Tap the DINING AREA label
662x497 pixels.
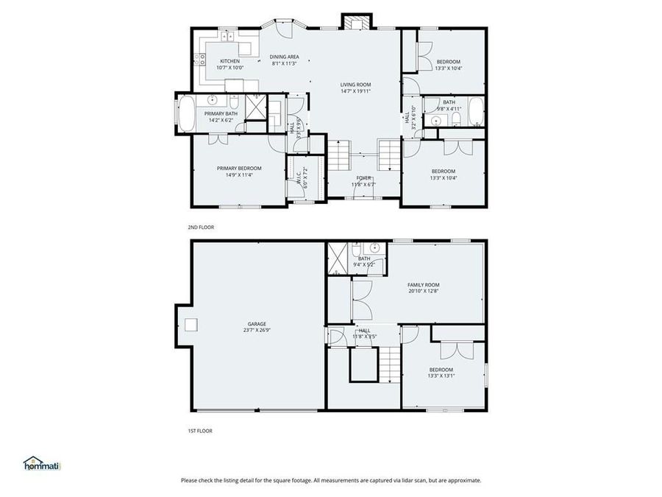(284, 57)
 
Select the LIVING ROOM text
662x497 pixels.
(355, 85)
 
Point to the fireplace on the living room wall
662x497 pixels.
(355, 22)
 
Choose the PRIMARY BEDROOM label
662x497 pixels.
(239, 168)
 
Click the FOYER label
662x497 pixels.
(364, 177)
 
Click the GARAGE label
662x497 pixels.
(257, 323)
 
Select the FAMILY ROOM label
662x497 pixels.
(423, 284)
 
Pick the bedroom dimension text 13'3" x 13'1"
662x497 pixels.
(441, 376)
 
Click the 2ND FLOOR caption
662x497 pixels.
(201, 228)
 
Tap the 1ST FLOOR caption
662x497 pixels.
(200, 431)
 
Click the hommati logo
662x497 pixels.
(42, 464)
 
